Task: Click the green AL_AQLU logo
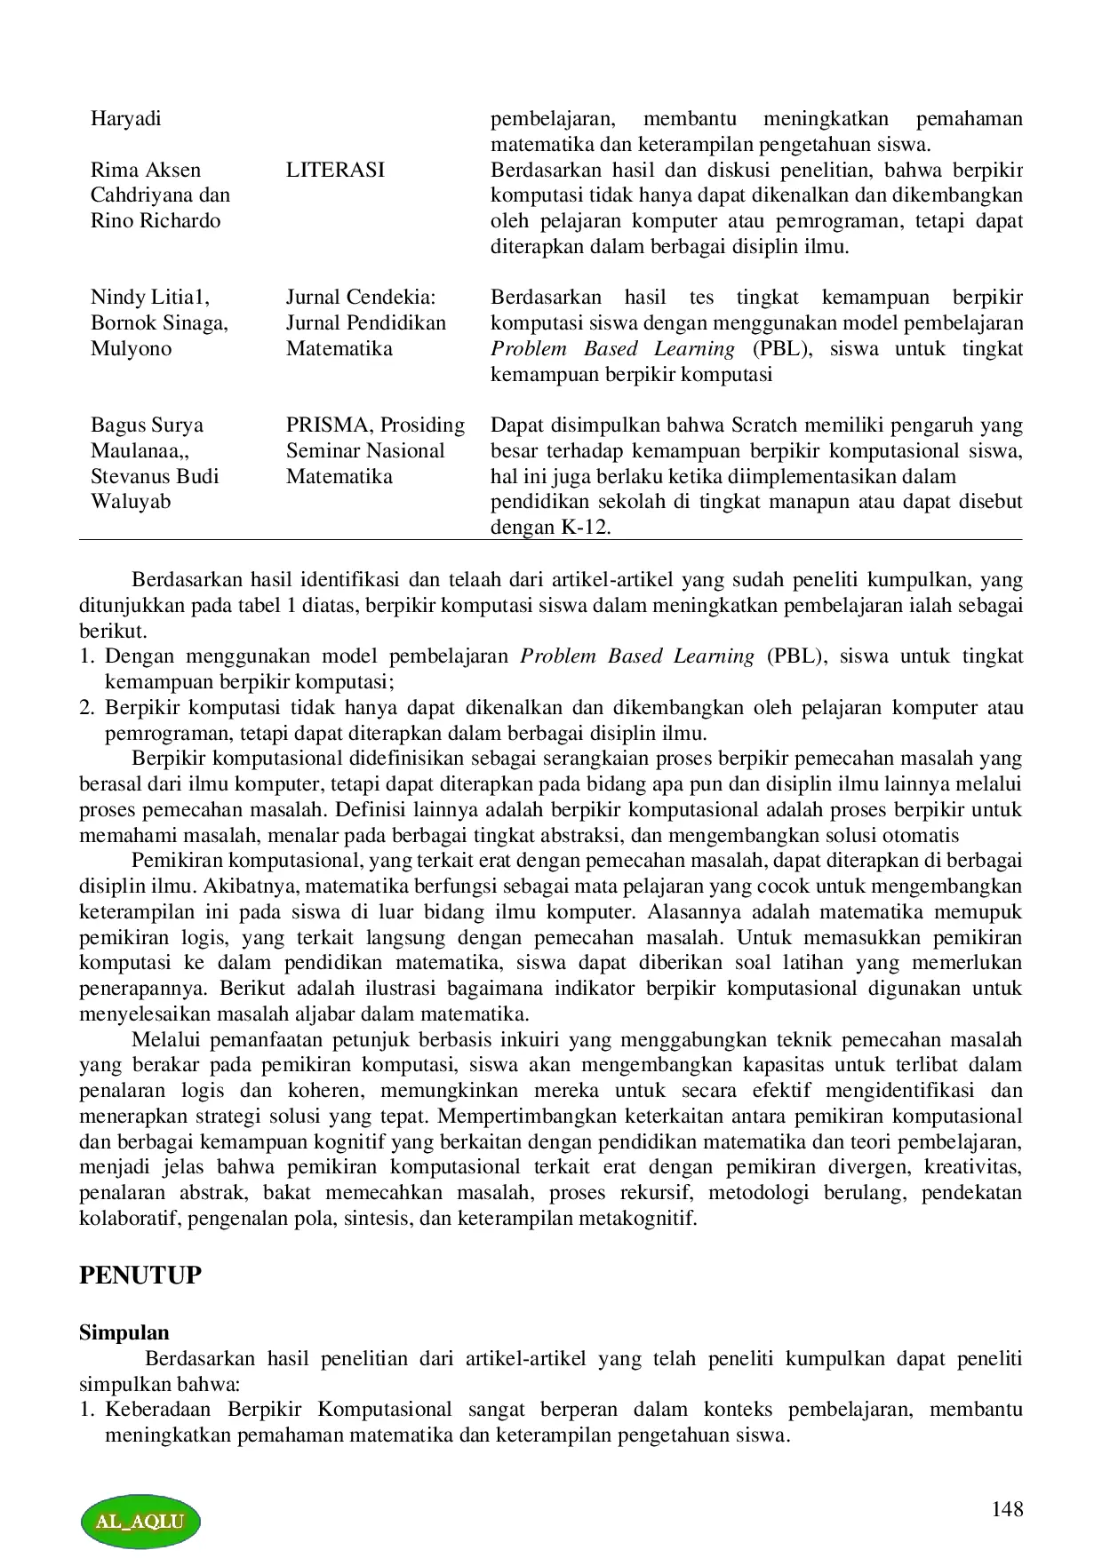140,1520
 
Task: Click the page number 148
1007,1509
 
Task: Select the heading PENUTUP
140,1276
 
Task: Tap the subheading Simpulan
124,1332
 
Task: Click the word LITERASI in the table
335,170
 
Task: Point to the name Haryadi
125,119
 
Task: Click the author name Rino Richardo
156,220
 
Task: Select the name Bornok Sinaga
159,322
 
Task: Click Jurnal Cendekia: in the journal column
361,297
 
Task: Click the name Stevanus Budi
155,476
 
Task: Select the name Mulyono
131,348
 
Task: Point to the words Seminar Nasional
365,450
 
